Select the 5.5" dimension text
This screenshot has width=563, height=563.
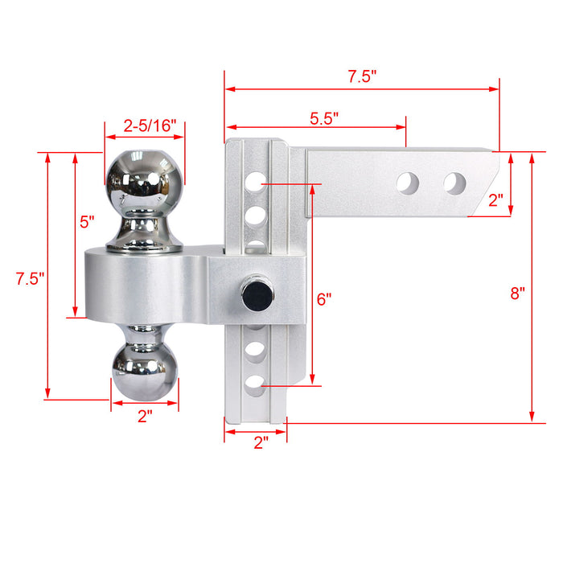tap(324, 117)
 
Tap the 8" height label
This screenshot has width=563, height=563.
tap(517, 294)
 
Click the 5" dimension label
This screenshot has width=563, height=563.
tap(87, 220)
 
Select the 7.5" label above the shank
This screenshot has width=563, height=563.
tap(362, 77)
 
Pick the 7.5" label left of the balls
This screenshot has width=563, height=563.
tap(30, 279)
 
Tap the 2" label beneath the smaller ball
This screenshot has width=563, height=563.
tap(145, 417)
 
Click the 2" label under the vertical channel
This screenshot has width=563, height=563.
tap(260, 442)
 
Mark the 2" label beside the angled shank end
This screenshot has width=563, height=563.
tap(497, 199)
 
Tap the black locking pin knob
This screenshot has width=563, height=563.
tap(257, 295)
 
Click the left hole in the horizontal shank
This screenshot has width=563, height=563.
tap(408, 183)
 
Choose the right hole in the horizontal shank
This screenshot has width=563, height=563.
tap(455, 183)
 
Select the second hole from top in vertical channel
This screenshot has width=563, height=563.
tap(256, 215)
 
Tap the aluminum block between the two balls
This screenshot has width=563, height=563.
tap(145, 286)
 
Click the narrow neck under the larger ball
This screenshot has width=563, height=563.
tap(145, 220)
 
